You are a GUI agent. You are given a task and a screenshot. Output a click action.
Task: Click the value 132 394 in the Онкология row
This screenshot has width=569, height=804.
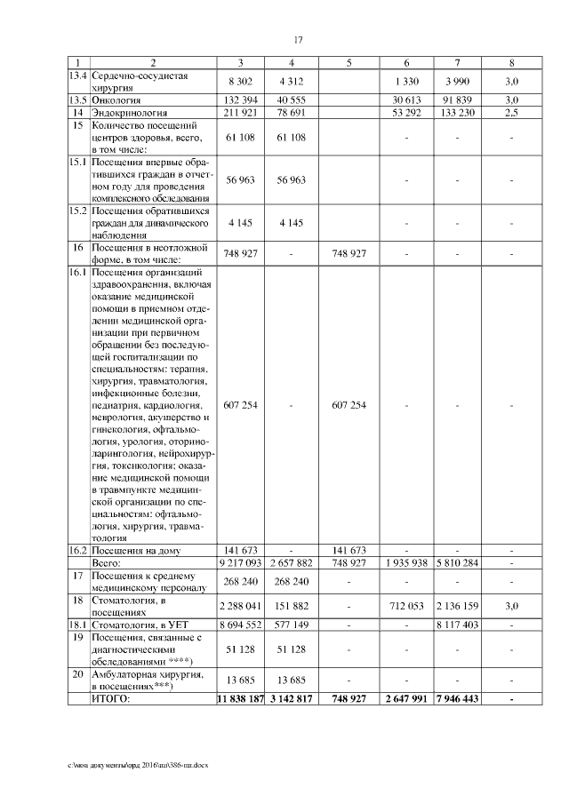tap(242, 102)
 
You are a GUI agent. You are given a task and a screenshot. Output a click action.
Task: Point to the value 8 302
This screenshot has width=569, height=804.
tap(242, 82)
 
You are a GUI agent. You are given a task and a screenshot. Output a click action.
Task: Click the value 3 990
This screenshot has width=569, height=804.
tap(457, 82)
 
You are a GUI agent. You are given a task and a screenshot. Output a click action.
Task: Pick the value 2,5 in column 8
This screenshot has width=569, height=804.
tap(511, 114)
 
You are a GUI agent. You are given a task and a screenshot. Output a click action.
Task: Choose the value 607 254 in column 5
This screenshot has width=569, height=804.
tap(349, 405)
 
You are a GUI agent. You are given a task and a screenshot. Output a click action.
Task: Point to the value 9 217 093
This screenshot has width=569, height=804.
tap(242, 562)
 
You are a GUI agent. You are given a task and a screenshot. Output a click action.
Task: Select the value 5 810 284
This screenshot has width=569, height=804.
tap(457, 562)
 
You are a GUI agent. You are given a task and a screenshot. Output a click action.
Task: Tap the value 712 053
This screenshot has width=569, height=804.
tap(406, 606)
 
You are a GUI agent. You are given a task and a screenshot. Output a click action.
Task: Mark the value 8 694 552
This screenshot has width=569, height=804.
tap(242, 625)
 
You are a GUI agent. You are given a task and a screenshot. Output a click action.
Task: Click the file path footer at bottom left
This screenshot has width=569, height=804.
tap(141, 764)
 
